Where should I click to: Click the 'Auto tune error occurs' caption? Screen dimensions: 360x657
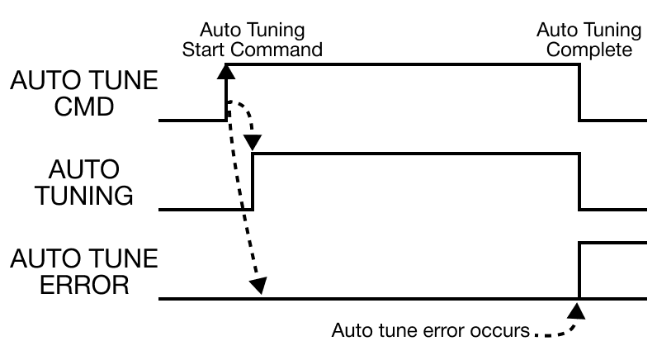coord(429,332)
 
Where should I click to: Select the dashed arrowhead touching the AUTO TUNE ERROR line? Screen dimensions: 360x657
coord(258,286)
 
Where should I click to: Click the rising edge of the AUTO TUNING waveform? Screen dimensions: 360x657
coord(252,182)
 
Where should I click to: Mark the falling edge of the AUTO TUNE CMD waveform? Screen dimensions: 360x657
coord(579,92)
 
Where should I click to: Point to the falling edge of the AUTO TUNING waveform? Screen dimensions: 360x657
coord(579,182)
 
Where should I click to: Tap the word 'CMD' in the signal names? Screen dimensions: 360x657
coord(81,107)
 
